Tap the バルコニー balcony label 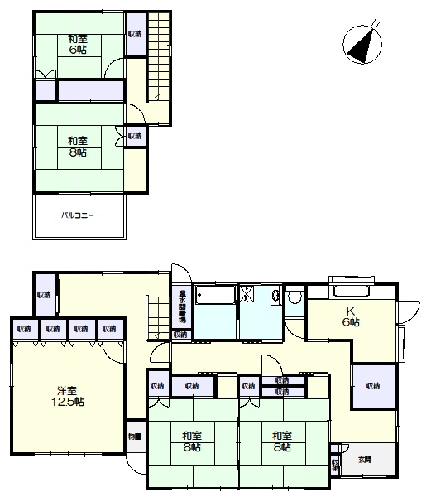point(78,215)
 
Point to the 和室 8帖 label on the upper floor point(79,146)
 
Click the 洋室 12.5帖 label point(70,396)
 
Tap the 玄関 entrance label point(365,459)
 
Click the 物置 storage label point(135,437)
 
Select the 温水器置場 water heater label point(182,307)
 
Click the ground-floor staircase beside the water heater point(156,319)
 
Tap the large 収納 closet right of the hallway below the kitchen point(371,386)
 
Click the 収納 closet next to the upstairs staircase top point(134,34)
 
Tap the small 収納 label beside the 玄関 point(335,465)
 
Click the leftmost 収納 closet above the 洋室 point(24,329)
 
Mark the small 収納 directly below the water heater point(180,335)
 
